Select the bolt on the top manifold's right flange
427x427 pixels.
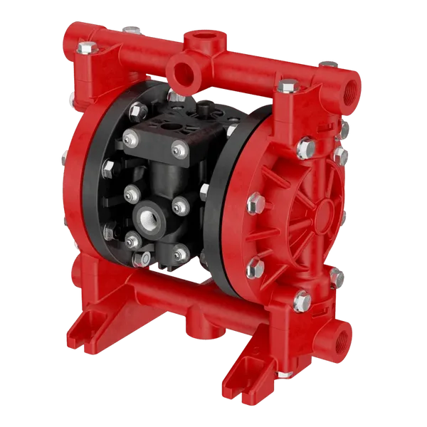[286, 87]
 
